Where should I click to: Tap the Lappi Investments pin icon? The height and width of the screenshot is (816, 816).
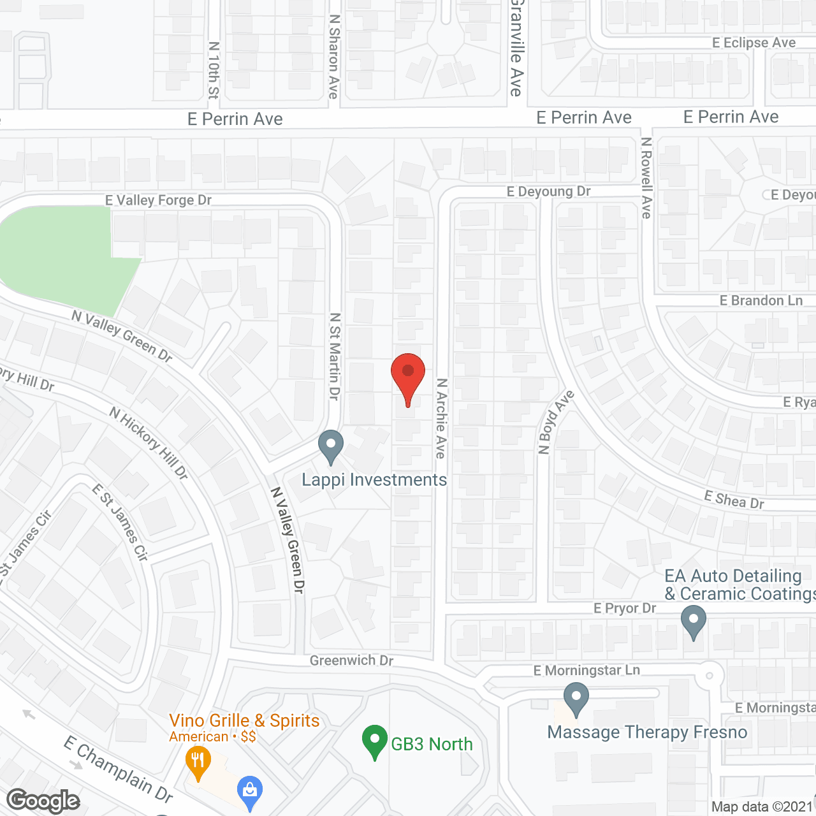tap(330, 446)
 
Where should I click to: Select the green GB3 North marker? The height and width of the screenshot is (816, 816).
tap(375, 741)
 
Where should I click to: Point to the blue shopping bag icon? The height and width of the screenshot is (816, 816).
tap(250, 790)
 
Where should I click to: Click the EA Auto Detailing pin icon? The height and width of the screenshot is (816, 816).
tap(693, 620)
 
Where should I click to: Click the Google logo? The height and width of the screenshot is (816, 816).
tap(43, 800)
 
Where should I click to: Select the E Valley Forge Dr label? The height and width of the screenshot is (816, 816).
tap(158, 200)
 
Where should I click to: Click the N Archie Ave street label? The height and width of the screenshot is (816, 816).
tap(441, 418)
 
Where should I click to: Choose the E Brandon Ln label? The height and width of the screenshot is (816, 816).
tap(761, 300)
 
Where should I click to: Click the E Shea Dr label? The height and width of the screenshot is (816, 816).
tap(734, 500)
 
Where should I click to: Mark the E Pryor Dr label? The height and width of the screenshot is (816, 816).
tap(624, 608)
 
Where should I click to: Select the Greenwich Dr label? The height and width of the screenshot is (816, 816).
tap(351, 660)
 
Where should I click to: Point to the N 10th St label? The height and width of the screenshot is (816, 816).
tap(214, 70)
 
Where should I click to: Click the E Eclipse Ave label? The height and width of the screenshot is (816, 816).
tap(754, 43)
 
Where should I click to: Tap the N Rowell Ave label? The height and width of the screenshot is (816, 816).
tap(646, 178)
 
